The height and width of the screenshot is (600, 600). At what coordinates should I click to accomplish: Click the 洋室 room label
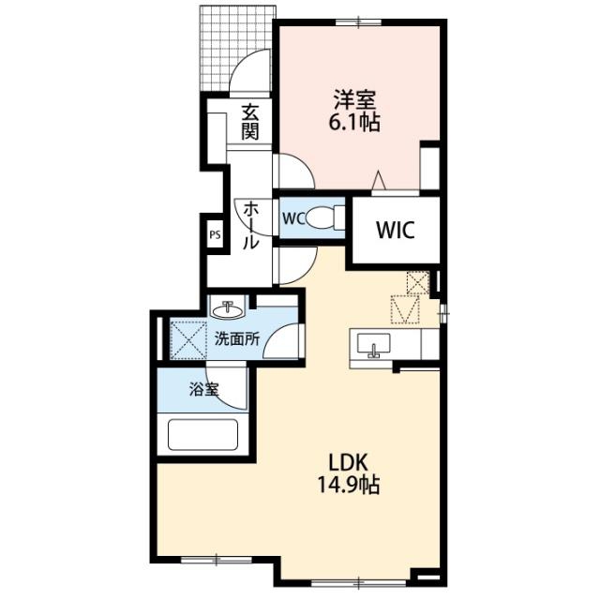coord(354,100)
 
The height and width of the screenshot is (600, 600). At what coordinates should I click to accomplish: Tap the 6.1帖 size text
coord(354,123)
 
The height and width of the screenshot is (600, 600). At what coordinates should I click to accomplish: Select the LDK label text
coord(349,462)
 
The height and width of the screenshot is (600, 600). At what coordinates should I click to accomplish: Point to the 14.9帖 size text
coord(349,485)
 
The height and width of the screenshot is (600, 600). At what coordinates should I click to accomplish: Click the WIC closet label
coord(396,230)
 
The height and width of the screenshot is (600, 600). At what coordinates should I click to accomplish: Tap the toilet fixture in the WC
coord(325,217)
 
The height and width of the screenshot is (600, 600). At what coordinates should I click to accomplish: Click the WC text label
coord(293,218)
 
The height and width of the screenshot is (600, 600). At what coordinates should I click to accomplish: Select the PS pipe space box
coord(215,235)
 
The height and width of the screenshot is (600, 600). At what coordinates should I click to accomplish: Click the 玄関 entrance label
coord(250,122)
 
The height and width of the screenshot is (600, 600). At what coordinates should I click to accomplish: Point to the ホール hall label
coord(251,225)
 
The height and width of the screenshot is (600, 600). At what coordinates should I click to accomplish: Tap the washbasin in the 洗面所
coord(228,309)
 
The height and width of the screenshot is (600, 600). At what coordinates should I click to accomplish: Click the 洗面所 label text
coord(237,339)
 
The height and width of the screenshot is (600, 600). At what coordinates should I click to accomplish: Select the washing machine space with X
coord(187,340)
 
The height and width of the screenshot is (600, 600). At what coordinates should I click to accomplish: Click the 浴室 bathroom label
coord(204,390)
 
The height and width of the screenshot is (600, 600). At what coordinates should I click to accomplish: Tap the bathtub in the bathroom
coord(203,435)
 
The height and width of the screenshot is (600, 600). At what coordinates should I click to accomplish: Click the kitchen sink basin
coord(373,343)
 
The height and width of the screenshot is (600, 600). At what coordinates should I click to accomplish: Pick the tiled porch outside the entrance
coord(238,49)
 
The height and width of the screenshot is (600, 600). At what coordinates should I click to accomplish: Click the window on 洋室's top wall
coord(358,22)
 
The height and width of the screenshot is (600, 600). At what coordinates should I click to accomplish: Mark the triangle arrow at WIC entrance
coord(379,180)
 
